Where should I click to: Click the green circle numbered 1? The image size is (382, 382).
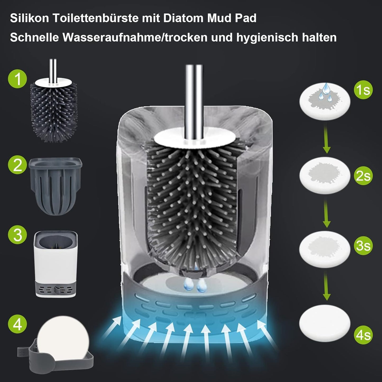(17, 79)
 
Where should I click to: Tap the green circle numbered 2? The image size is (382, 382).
(17, 164)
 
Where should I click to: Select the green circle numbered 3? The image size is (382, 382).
(17, 234)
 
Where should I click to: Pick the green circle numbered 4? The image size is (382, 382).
(17, 324)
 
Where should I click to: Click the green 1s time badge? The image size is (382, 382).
(363, 90)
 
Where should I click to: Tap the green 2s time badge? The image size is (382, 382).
(363, 176)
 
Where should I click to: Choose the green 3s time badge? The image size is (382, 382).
(363, 246)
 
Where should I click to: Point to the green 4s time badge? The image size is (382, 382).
(363, 335)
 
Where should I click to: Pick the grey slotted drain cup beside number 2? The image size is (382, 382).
(55, 186)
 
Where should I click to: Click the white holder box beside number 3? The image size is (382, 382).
(56, 264)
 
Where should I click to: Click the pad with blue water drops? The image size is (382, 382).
(325, 101)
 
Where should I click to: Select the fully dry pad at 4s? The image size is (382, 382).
(325, 323)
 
